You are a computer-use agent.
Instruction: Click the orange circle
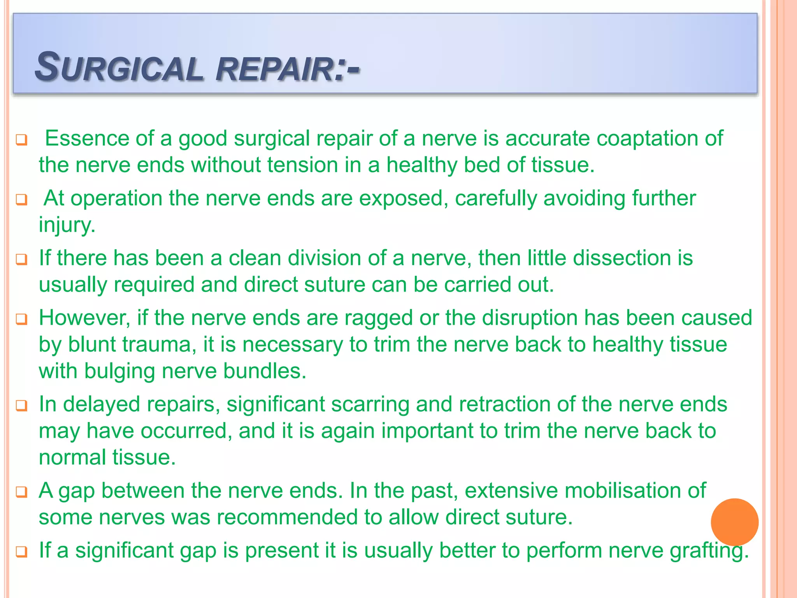(x=734, y=522)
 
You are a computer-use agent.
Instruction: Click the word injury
(x=67, y=225)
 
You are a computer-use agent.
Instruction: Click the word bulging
(x=119, y=371)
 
